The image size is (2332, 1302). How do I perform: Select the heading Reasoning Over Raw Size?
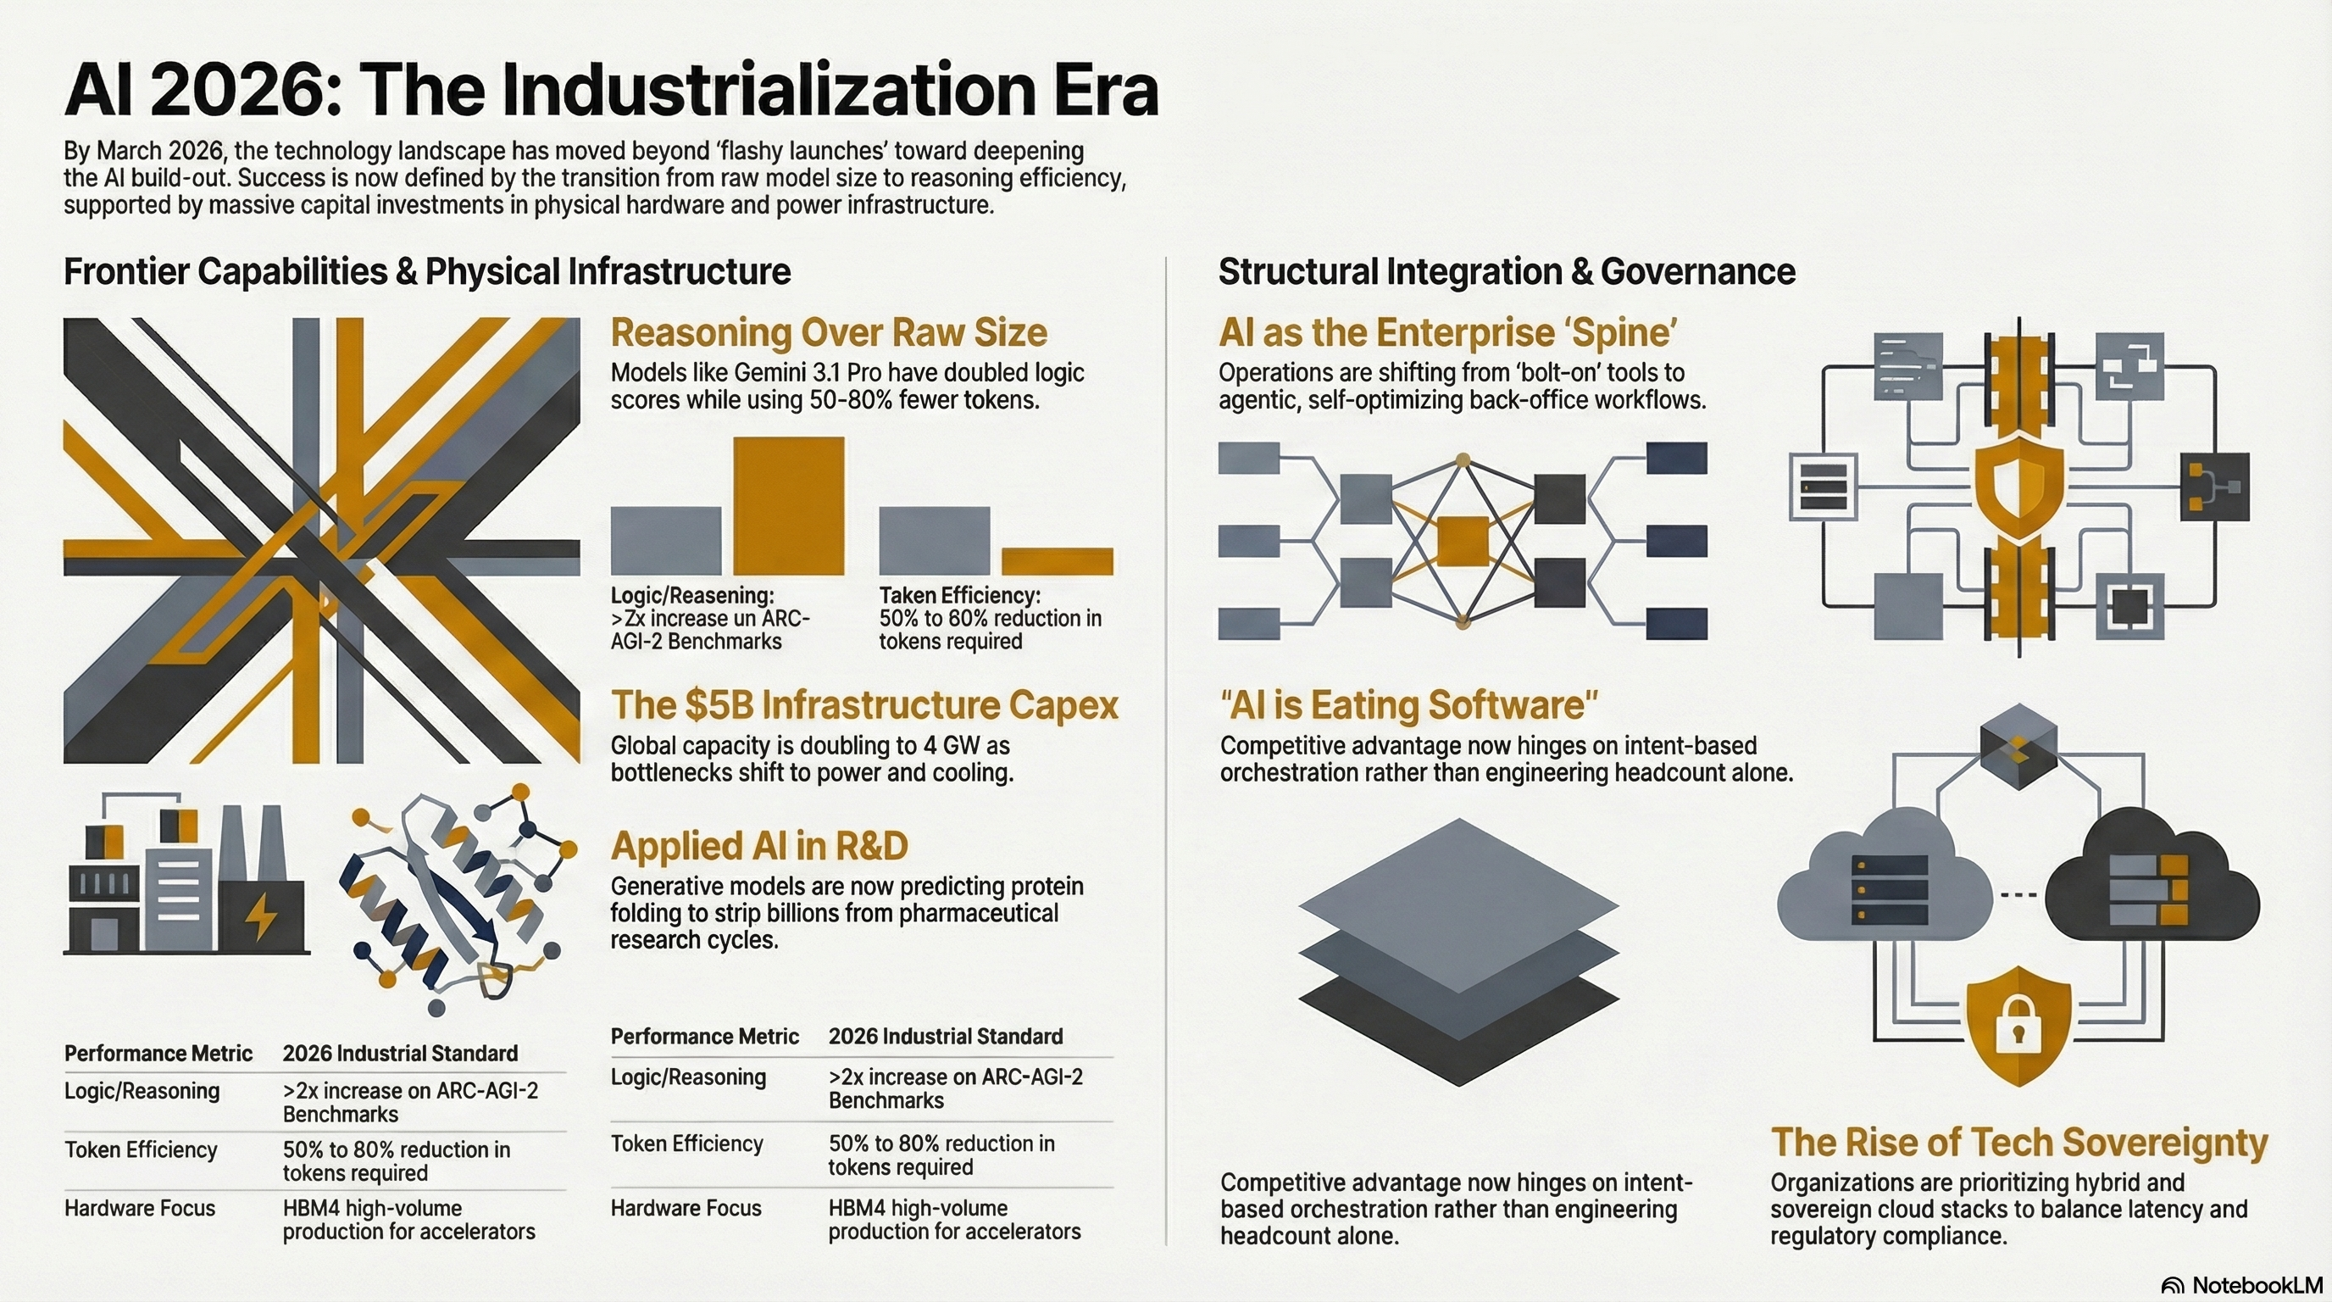coord(829,333)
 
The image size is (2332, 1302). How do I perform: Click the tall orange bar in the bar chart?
coord(789,505)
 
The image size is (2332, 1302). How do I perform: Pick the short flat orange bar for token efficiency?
coord(1057,561)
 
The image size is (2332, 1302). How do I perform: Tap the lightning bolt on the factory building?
coord(263,917)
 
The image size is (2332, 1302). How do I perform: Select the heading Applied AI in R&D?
coord(758,846)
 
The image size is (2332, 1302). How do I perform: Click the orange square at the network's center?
coord(1462,542)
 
